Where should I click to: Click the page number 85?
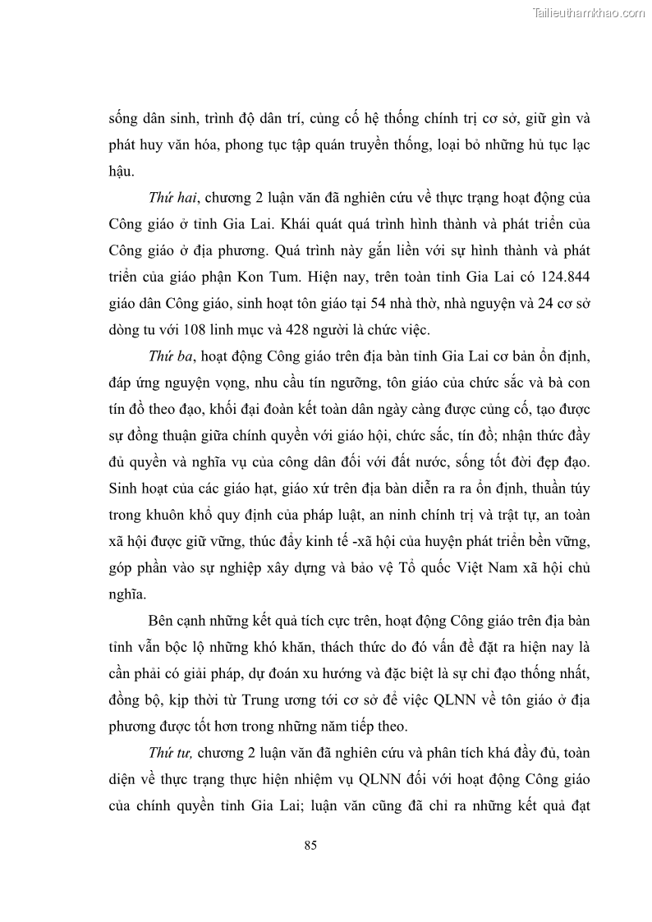tap(310, 846)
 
